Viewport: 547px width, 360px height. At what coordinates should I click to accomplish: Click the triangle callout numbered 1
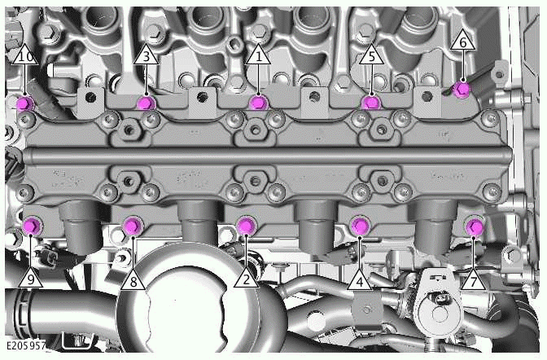point(259,57)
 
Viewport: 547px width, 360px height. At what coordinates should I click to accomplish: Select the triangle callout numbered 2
point(245,277)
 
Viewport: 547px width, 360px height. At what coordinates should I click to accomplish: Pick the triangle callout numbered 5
point(370,56)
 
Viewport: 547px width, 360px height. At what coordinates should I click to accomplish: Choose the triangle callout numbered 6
point(462,40)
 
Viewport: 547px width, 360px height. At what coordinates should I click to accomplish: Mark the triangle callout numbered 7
point(473,279)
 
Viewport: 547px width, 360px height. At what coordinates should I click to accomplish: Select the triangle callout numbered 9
point(31,278)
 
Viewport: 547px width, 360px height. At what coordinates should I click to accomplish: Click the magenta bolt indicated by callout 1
point(258,102)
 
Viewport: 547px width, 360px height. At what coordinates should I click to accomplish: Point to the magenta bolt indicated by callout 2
point(245,226)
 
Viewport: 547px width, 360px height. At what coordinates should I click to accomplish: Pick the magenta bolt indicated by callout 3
point(146,103)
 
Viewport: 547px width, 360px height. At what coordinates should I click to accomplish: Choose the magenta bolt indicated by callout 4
point(359,225)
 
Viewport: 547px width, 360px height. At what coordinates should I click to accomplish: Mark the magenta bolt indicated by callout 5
point(370,102)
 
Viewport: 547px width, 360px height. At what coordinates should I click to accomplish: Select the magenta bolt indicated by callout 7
point(474,226)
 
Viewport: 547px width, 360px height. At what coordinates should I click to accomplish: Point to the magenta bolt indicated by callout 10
point(24,103)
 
